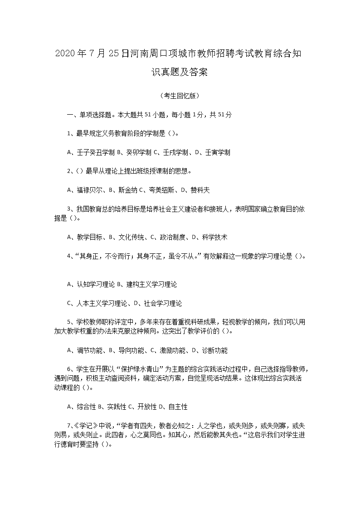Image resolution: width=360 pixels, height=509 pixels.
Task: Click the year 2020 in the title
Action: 64,54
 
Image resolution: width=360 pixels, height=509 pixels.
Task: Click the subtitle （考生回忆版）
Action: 180,96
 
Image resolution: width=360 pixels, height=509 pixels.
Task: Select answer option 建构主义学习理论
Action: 151,284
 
